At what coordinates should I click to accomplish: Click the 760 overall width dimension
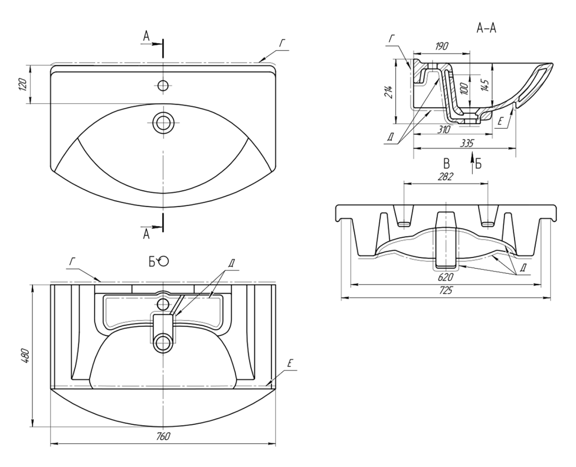(x=163, y=436)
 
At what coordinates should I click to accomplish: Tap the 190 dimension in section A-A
(x=442, y=46)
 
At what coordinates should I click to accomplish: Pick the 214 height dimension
(x=389, y=91)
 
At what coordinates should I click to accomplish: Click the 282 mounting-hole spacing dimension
(x=445, y=177)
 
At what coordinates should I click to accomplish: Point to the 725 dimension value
(x=446, y=291)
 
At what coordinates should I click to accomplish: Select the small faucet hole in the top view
(x=163, y=85)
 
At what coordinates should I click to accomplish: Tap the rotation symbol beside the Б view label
(x=164, y=260)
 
